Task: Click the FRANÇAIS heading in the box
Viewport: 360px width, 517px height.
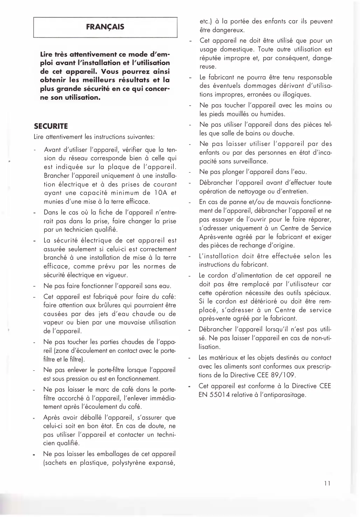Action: point(105,27)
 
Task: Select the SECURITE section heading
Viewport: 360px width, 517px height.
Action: point(51,126)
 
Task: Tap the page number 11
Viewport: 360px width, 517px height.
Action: point(327,483)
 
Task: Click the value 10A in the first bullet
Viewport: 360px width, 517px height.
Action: point(158,193)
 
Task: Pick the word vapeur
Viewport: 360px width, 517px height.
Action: point(53,322)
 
